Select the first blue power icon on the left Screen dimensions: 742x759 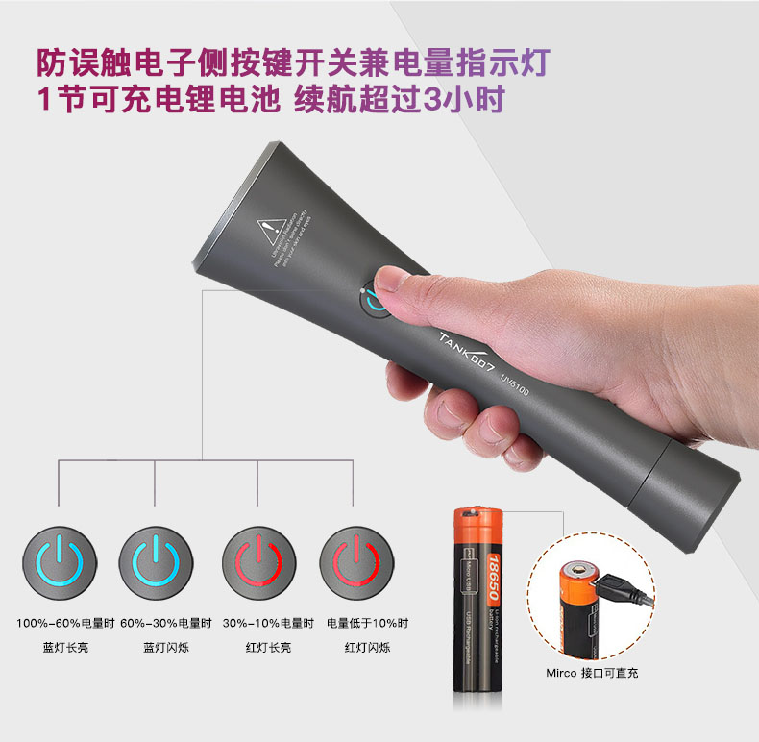coord(59,558)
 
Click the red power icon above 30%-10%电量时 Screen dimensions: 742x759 coord(257,558)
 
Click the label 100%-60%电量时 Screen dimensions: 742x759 coord(60,623)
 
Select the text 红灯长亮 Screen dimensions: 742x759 coord(261,648)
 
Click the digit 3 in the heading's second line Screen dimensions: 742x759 coord(428,99)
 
